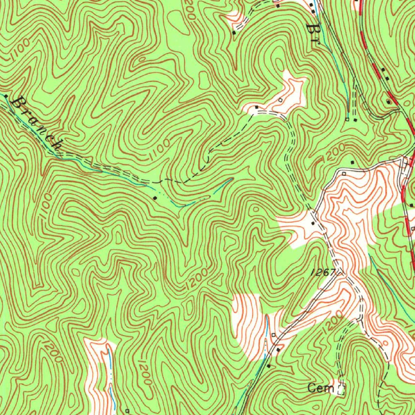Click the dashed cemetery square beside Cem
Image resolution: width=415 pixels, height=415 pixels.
tap(341, 389)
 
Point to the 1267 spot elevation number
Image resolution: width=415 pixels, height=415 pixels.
tap(323, 273)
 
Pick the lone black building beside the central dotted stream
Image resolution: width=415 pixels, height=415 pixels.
tap(156, 197)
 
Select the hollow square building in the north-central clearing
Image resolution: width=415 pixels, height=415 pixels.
tap(280, 100)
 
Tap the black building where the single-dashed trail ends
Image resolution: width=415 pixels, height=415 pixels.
tap(256, 107)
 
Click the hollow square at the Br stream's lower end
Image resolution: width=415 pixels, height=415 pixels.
tap(347, 119)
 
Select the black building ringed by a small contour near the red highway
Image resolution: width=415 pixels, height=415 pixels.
tap(389, 101)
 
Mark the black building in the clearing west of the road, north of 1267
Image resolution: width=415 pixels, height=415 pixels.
tap(312, 222)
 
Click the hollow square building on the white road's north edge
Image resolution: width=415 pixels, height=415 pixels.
tap(344, 173)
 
